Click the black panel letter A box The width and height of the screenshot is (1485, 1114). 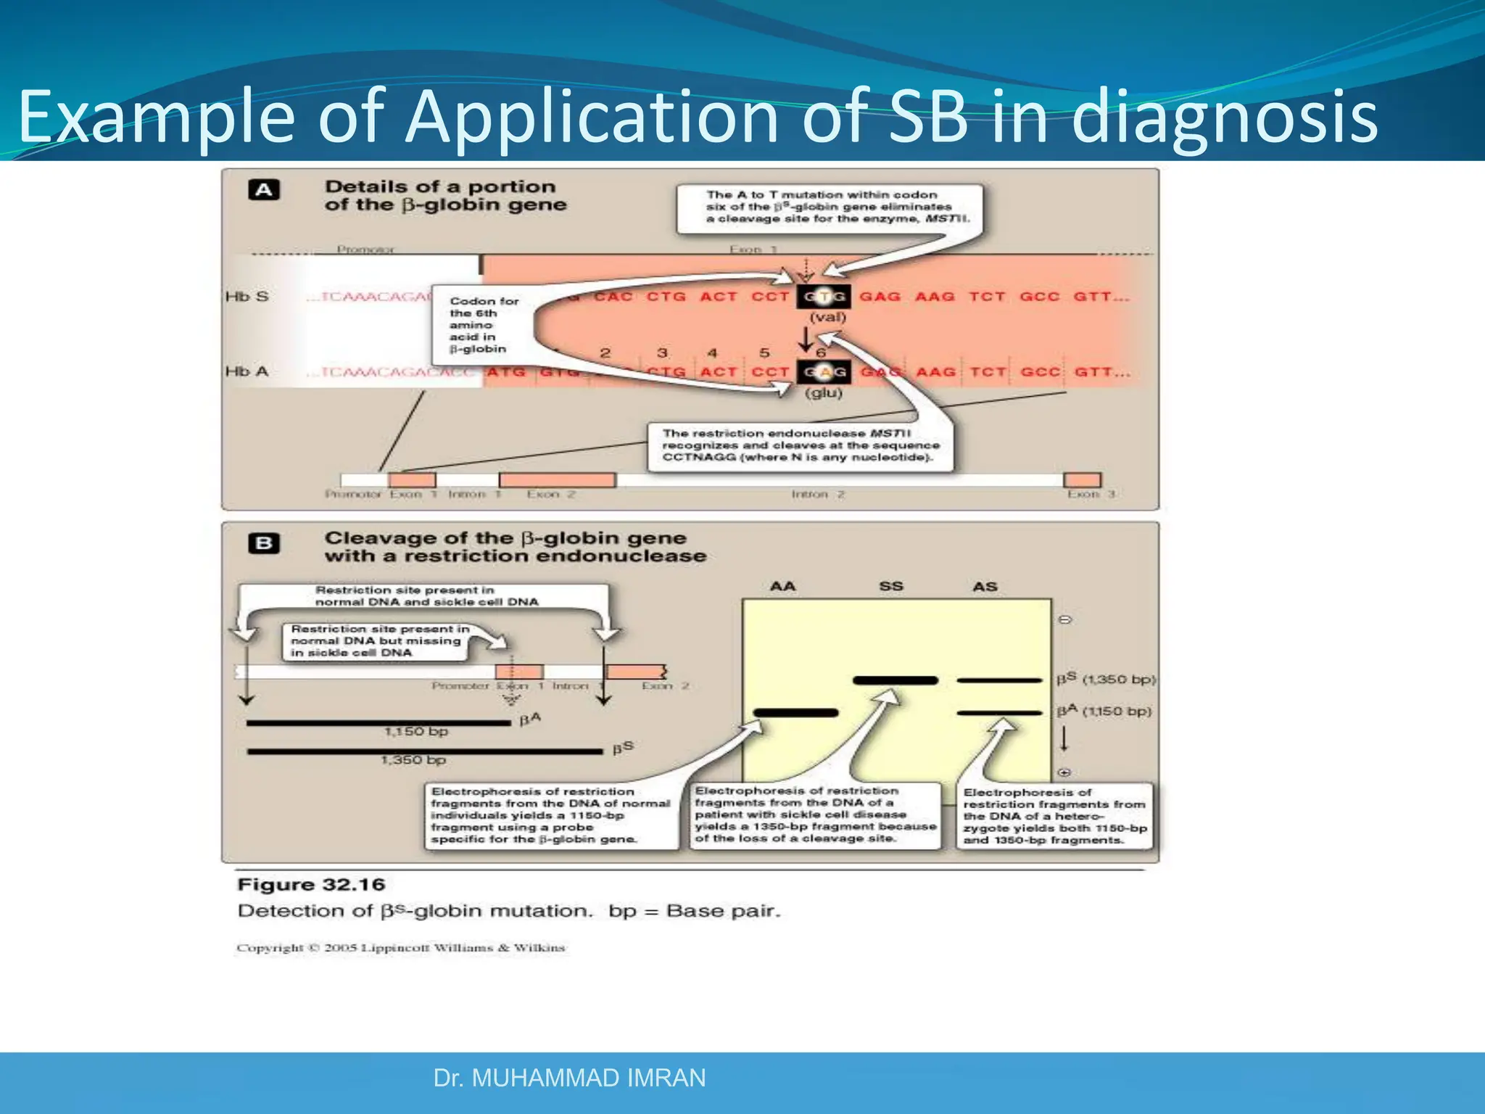[264, 190]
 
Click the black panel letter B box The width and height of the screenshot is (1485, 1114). [264, 543]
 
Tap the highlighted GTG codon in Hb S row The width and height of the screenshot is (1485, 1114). [823, 297]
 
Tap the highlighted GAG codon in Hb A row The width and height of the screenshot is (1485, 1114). [823, 372]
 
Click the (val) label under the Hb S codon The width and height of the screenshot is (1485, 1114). [827, 317]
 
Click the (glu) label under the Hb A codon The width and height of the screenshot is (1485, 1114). [824, 393]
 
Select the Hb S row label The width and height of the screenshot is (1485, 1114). [247, 297]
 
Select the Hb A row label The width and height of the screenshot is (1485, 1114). [247, 371]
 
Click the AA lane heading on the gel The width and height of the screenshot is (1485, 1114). [782, 586]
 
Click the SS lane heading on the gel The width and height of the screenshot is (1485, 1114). [890, 586]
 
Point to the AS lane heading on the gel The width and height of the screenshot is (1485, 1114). [985, 586]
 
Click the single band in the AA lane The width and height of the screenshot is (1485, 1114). [795, 713]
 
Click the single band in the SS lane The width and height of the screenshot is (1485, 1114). [895, 680]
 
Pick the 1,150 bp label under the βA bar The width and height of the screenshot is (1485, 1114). [415, 732]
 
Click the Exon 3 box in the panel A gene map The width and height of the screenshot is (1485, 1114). [1082, 479]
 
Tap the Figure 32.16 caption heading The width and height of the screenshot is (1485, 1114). [311, 885]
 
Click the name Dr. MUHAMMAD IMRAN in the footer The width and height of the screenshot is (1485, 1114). [569, 1078]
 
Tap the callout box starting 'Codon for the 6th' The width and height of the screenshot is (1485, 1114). [479, 324]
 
